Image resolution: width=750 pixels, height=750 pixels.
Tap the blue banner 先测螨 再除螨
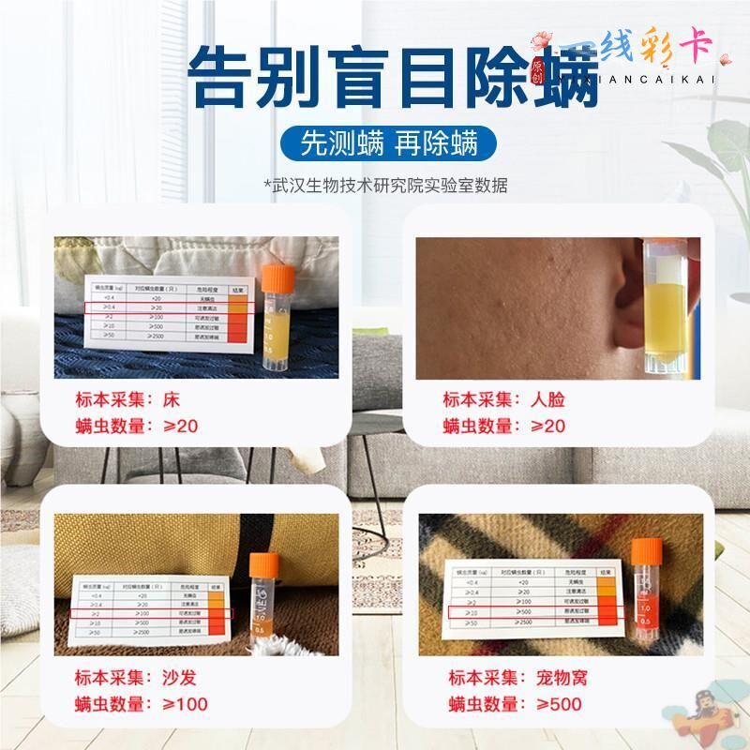(x=389, y=142)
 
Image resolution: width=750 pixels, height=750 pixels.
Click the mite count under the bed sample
(x=137, y=426)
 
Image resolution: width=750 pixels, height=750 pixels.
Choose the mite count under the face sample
(x=505, y=426)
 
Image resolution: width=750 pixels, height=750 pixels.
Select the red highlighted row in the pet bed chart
(x=531, y=611)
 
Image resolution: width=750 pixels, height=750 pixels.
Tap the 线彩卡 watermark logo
(x=637, y=52)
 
